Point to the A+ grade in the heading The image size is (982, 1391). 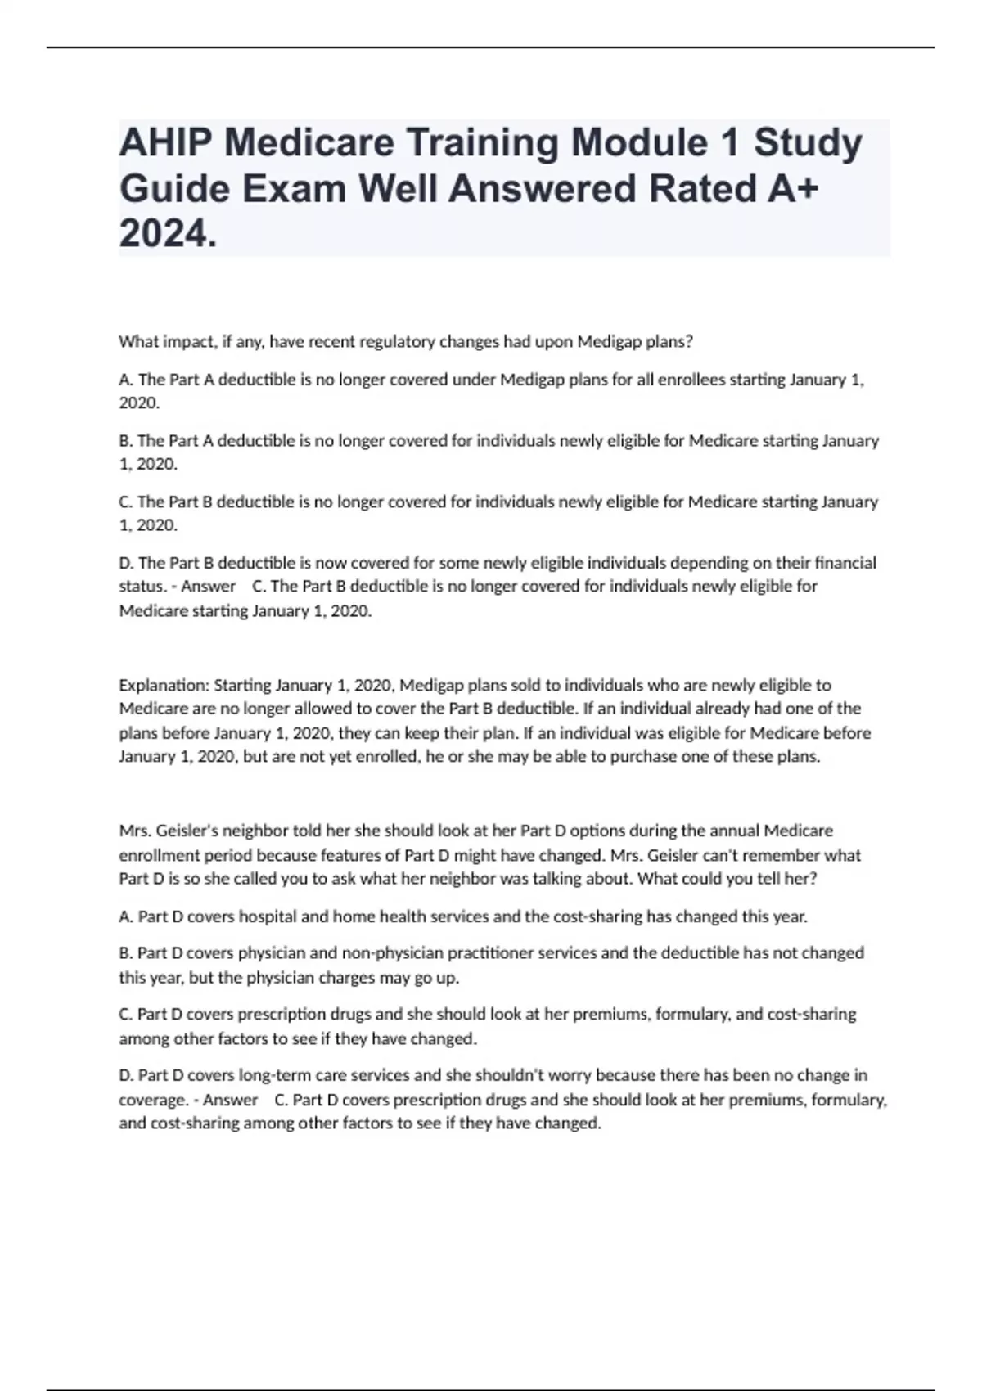pos(793,189)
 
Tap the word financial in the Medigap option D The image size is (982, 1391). pos(845,563)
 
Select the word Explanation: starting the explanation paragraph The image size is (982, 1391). pos(164,685)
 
